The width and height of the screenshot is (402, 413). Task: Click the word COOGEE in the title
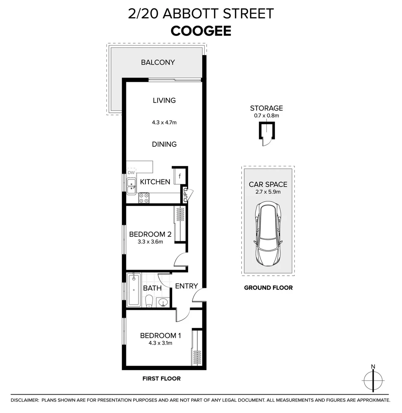[201, 31]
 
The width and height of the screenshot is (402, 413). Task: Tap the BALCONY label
[158, 62]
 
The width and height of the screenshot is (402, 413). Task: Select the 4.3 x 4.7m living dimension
[164, 123]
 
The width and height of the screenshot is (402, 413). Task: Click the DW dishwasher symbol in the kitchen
[131, 173]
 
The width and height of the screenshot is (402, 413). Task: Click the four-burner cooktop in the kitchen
[144, 198]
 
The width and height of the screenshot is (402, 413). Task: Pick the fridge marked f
[179, 176]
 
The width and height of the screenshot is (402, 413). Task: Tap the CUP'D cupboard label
[186, 195]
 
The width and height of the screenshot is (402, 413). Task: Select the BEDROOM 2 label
[150, 234]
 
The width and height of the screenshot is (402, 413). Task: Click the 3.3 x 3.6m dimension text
[150, 242]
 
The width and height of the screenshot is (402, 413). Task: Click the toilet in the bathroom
[149, 301]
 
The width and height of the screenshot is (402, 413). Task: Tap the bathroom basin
[163, 302]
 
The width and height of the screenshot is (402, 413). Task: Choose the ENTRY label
[186, 286]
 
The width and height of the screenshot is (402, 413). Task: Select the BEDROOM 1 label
[160, 336]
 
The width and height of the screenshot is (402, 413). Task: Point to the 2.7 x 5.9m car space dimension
[268, 192]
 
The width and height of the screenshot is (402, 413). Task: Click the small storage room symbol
[266, 132]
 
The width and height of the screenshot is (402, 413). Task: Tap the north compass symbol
[373, 380]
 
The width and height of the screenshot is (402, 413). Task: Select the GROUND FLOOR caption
[268, 288]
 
